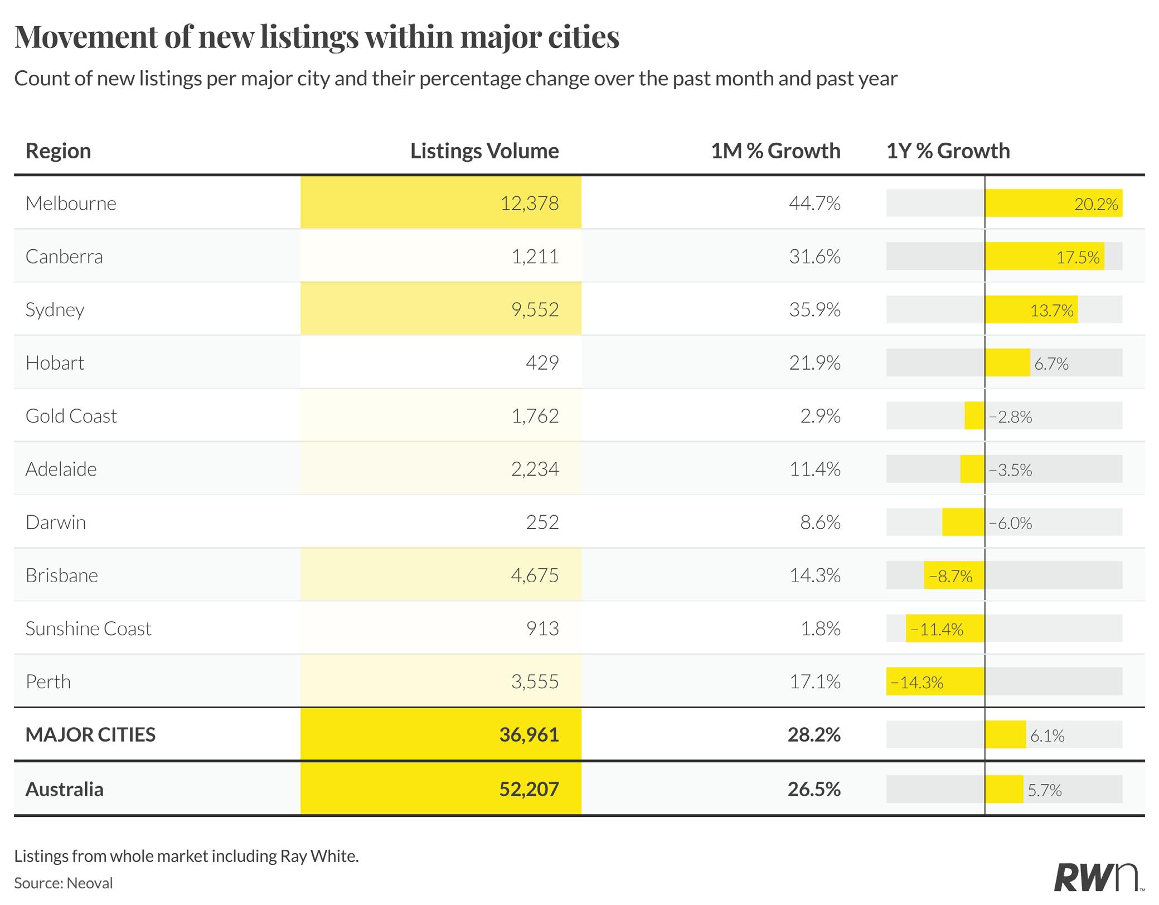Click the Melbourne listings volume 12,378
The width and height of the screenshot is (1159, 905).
(x=529, y=204)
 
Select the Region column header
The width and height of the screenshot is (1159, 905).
(x=59, y=151)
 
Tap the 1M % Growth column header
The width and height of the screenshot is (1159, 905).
(x=775, y=151)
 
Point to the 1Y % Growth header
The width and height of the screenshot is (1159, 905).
(x=948, y=151)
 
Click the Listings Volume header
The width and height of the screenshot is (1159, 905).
(x=484, y=151)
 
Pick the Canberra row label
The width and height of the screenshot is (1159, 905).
(x=64, y=257)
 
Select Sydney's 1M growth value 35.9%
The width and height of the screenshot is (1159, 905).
(x=814, y=310)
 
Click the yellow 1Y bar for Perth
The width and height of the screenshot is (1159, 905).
(x=935, y=681)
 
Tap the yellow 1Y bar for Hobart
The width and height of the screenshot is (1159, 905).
(x=1007, y=363)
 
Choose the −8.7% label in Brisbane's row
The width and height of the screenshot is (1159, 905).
(x=951, y=576)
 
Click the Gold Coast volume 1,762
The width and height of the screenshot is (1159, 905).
(x=535, y=416)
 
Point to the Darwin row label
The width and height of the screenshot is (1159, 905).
(x=56, y=522)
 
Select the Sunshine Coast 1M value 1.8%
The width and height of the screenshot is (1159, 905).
(x=820, y=629)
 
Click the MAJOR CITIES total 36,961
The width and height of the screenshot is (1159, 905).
(x=529, y=735)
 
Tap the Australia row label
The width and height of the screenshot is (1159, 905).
(x=65, y=790)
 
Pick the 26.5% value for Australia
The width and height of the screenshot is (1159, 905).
(x=814, y=790)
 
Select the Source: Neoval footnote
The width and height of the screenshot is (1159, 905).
(x=64, y=883)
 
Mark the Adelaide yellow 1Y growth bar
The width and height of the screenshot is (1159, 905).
(x=972, y=469)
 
